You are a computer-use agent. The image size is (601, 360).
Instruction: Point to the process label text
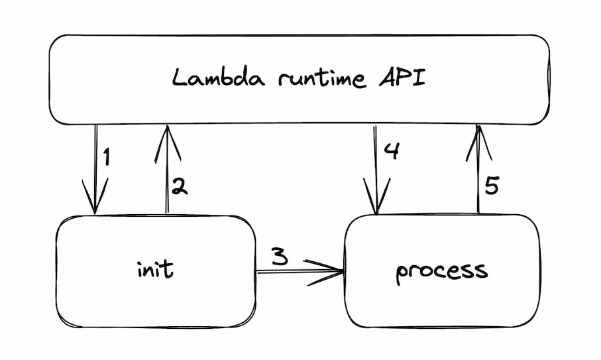pyautogui.click(x=441, y=270)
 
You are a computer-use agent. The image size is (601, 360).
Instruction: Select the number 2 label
pyautogui.click(x=179, y=186)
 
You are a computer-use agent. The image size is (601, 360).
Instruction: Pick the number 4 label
pyautogui.click(x=392, y=151)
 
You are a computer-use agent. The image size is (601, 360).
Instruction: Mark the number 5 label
pyautogui.click(x=491, y=186)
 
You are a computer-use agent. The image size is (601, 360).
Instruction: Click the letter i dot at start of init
pyautogui.click(x=140, y=261)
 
